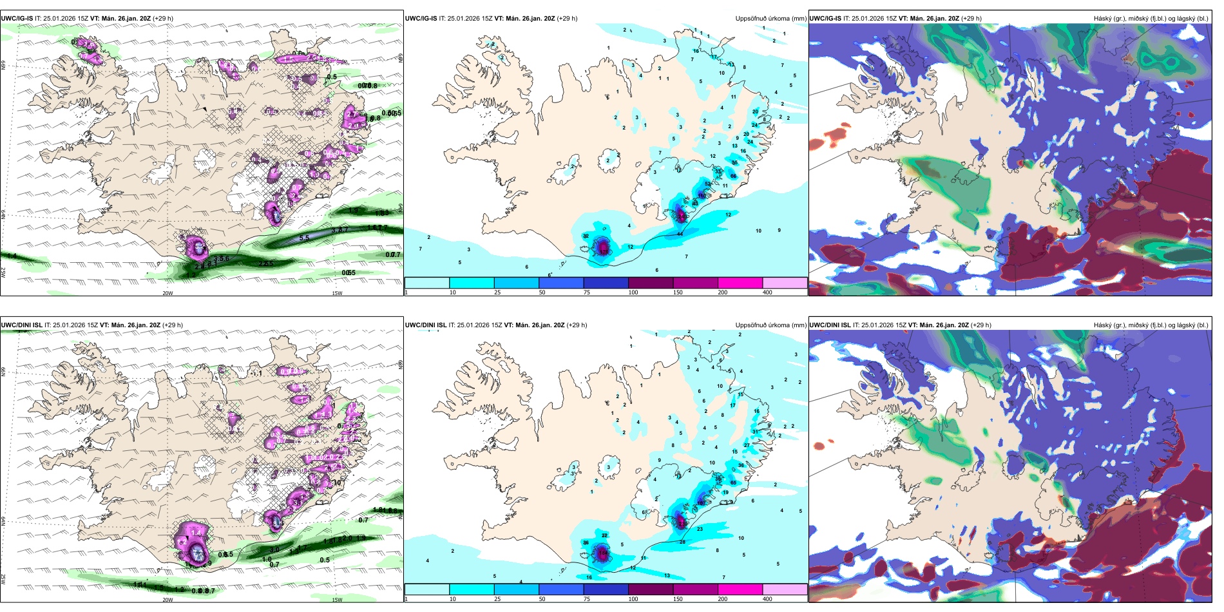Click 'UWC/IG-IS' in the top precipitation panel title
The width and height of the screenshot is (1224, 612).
[x=421, y=19]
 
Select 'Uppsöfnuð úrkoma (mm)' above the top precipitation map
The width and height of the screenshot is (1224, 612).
[x=770, y=19]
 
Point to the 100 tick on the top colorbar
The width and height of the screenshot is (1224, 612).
[x=633, y=292]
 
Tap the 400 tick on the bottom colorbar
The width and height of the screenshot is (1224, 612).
[x=767, y=599]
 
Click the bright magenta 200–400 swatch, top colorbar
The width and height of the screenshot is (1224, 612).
[x=740, y=283]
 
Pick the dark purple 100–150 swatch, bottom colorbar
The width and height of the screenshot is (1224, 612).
[x=651, y=589]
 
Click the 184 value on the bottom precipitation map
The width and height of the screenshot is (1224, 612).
[x=603, y=553]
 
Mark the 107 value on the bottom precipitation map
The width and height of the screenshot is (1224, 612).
[x=682, y=522]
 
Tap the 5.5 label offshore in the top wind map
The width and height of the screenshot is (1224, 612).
[x=304, y=238]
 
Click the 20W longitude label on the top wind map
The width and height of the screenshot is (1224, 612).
[x=167, y=293]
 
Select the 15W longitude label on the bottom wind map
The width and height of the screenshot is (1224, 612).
[x=336, y=600]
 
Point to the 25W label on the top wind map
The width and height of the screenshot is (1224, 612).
[x=3, y=273]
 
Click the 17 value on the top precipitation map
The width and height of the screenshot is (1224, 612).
[x=714, y=57]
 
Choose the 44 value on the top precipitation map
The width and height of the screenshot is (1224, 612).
[x=680, y=234]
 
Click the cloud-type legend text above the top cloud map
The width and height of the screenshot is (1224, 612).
[x=1151, y=19]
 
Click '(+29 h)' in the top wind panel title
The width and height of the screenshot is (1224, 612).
[x=163, y=19]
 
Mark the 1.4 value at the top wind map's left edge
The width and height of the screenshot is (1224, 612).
[x=12, y=256]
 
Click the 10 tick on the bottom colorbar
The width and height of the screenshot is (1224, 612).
[x=452, y=599]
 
